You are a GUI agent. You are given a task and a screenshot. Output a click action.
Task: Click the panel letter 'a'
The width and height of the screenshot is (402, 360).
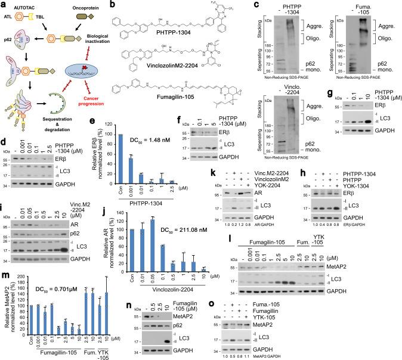click(4, 5)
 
